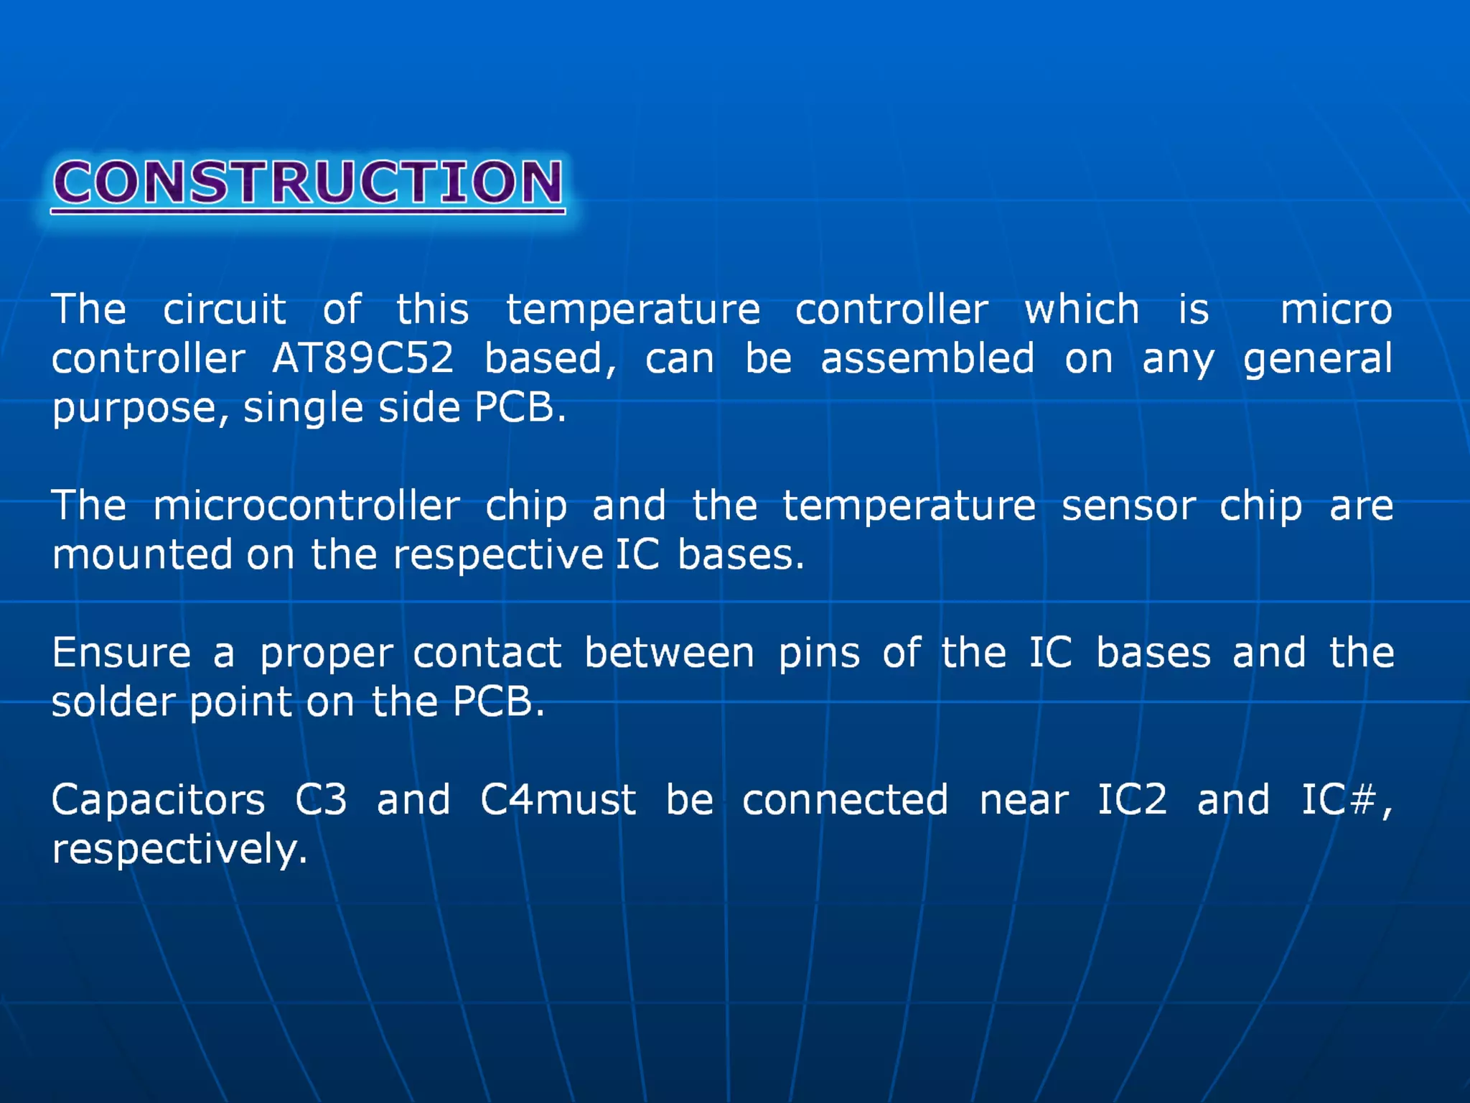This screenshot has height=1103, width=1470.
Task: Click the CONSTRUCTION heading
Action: point(308,182)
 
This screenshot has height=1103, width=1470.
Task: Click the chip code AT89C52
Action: point(362,358)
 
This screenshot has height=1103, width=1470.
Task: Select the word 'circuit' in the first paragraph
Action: point(224,310)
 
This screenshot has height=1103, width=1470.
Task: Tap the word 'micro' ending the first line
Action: point(1336,310)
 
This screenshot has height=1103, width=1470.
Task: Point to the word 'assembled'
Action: point(927,358)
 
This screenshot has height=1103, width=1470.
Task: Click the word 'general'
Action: point(1317,359)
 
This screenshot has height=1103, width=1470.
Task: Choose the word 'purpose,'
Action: point(140,409)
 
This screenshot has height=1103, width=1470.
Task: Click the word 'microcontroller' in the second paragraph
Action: point(306,506)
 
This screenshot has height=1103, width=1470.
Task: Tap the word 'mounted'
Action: point(141,554)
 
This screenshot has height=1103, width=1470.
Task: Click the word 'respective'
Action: point(497,556)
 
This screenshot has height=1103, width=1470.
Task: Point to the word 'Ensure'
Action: point(121,653)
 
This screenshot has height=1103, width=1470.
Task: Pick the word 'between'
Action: point(668,653)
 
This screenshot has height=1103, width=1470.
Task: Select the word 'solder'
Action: point(113,702)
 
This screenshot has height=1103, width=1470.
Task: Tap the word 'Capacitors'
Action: point(158,800)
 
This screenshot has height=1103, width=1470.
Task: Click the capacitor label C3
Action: point(321,799)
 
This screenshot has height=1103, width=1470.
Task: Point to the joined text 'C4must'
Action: point(558,799)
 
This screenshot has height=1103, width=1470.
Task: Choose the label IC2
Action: point(1132,799)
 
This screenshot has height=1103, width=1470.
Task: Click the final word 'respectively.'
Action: point(179,850)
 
